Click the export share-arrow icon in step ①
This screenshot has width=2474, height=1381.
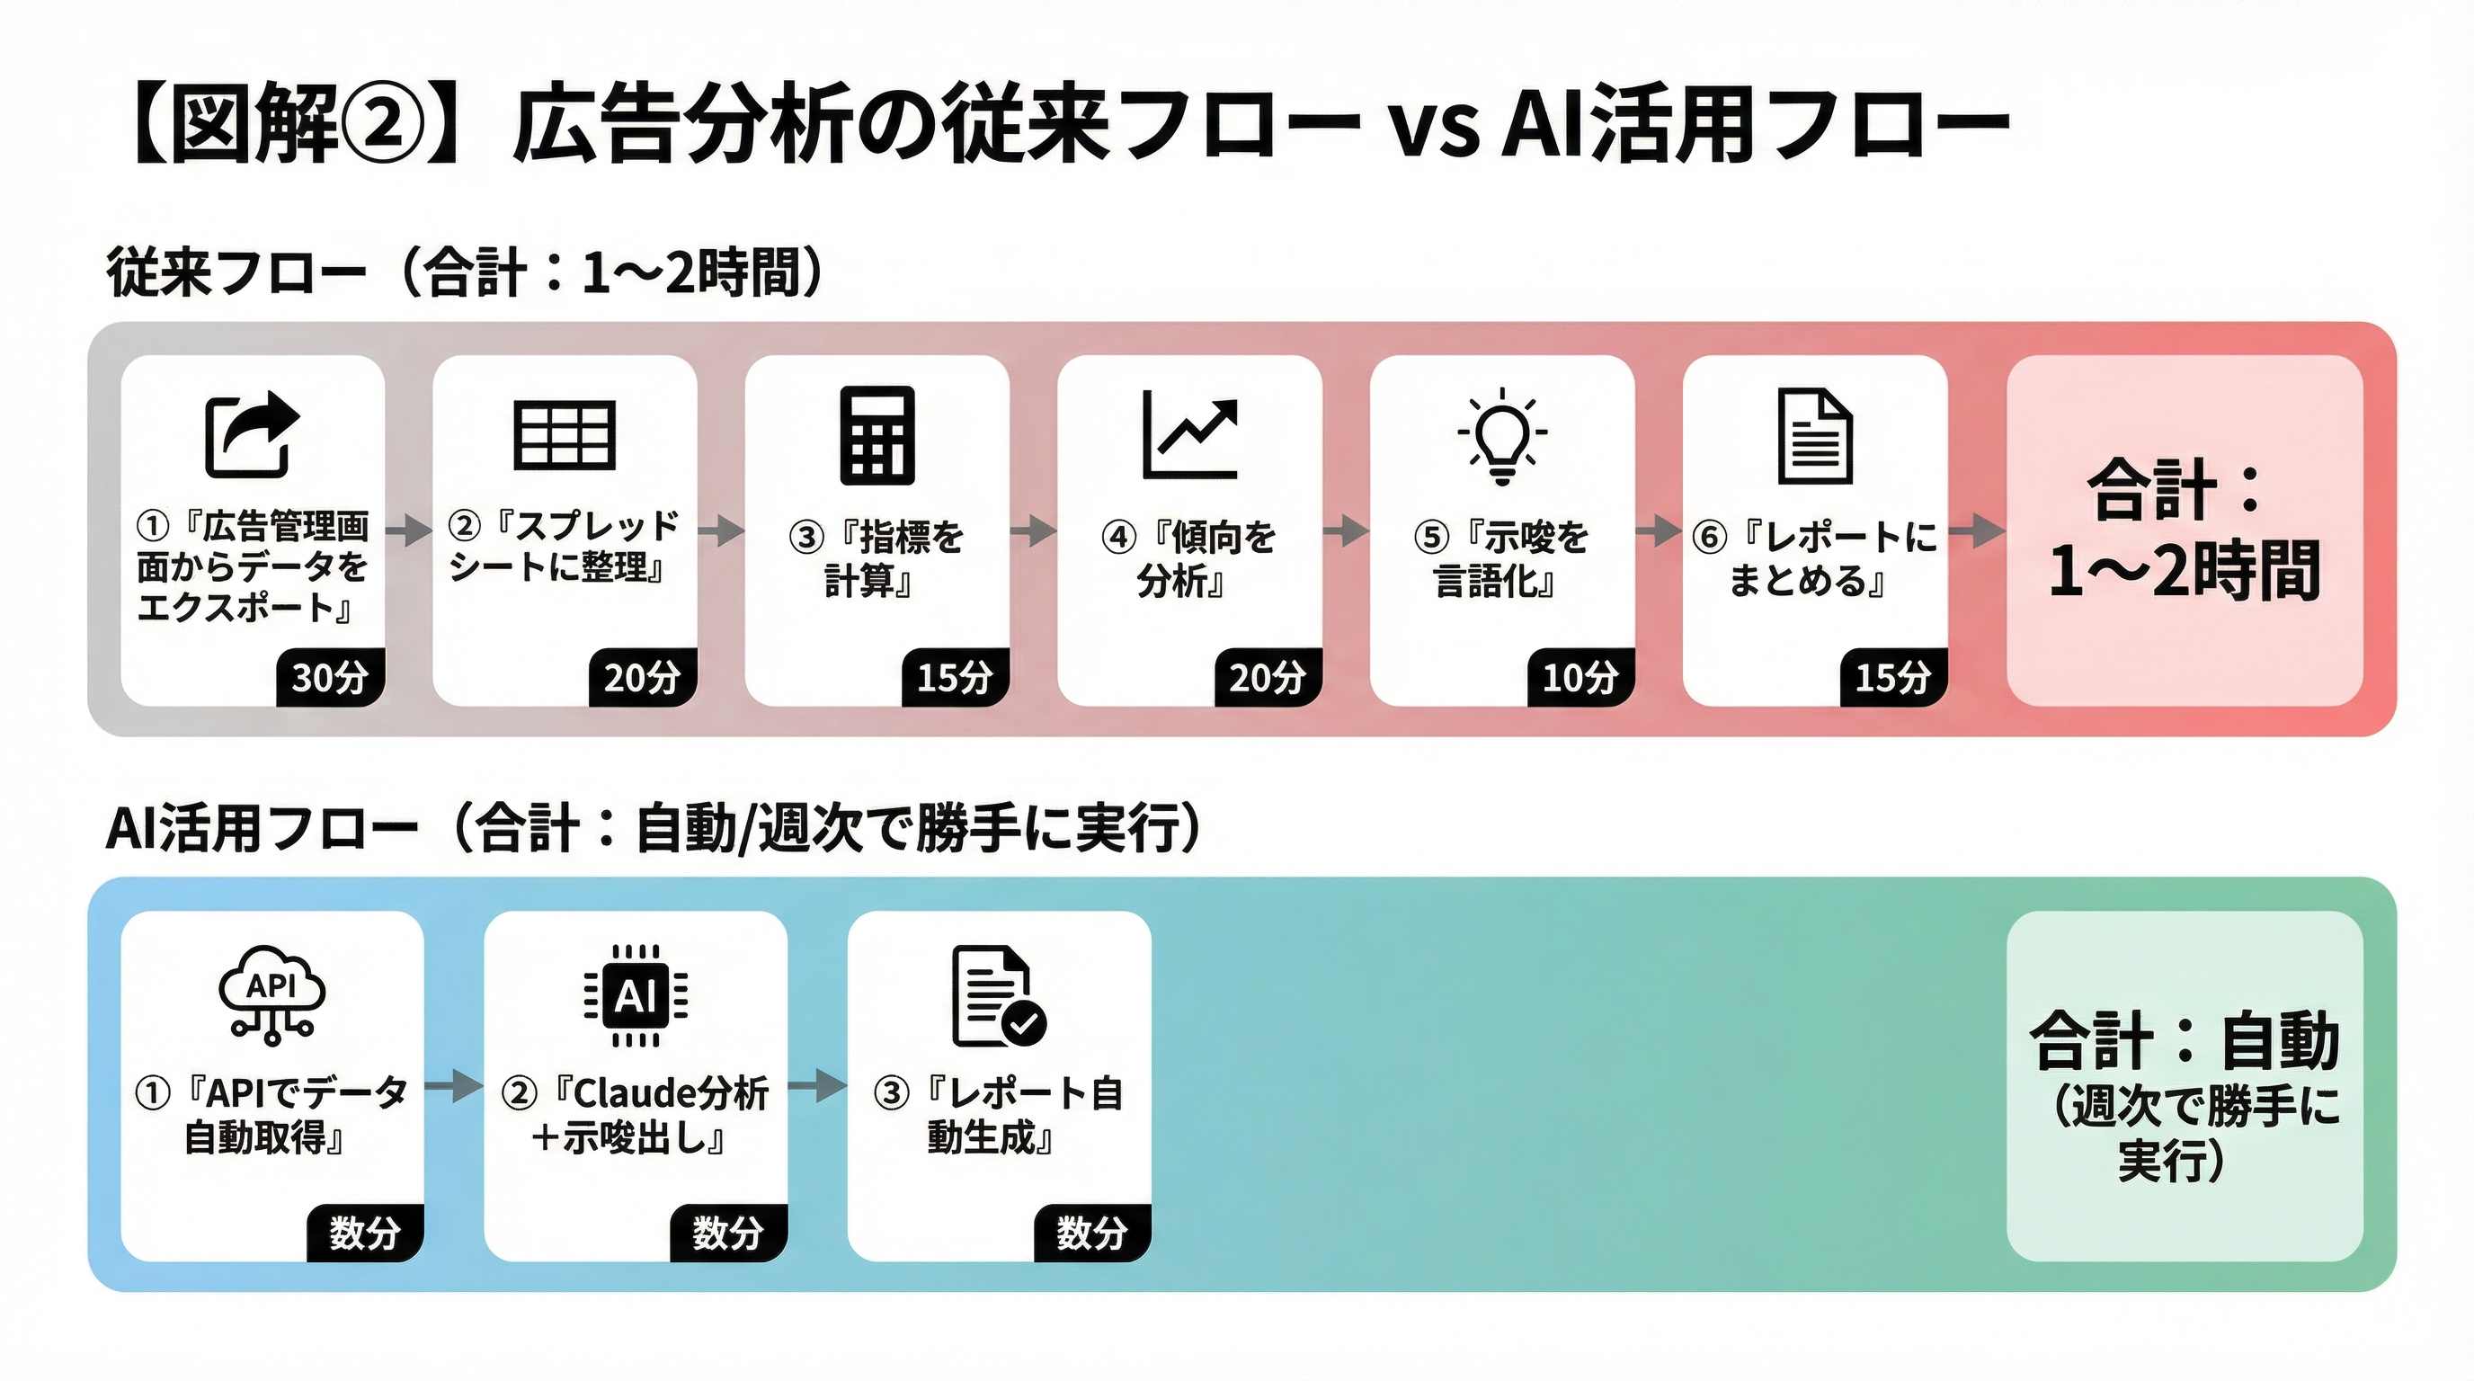(253, 434)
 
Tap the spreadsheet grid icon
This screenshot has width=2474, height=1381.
(564, 435)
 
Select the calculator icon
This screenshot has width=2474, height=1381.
(877, 435)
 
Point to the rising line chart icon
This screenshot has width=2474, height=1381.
(1190, 435)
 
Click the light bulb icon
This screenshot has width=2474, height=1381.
(1502, 435)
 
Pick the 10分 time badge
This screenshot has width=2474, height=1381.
(1580, 678)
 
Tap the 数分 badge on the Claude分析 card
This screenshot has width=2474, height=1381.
(728, 1232)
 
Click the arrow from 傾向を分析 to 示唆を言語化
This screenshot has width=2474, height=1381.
(1346, 530)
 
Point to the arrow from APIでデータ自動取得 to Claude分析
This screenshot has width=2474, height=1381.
(453, 1086)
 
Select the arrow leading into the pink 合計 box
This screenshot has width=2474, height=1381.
(1977, 530)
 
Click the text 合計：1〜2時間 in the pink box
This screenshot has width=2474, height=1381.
(2184, 530)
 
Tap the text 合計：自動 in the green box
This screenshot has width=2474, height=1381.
(2184, 1041)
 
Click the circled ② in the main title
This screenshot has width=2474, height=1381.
(382, 125)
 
